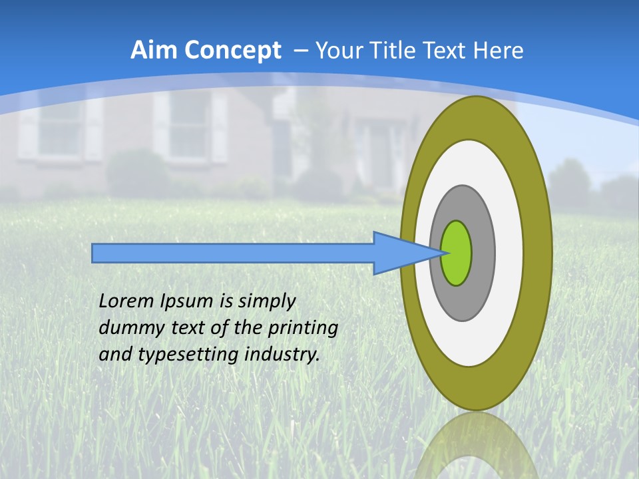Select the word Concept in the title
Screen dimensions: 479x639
pos(233,51)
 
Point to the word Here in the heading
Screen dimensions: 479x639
pos(498,50)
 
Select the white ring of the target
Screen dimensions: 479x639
pos(509,253)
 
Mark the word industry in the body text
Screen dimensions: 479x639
pos(282,355)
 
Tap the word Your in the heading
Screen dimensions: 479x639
pos(335,50)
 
